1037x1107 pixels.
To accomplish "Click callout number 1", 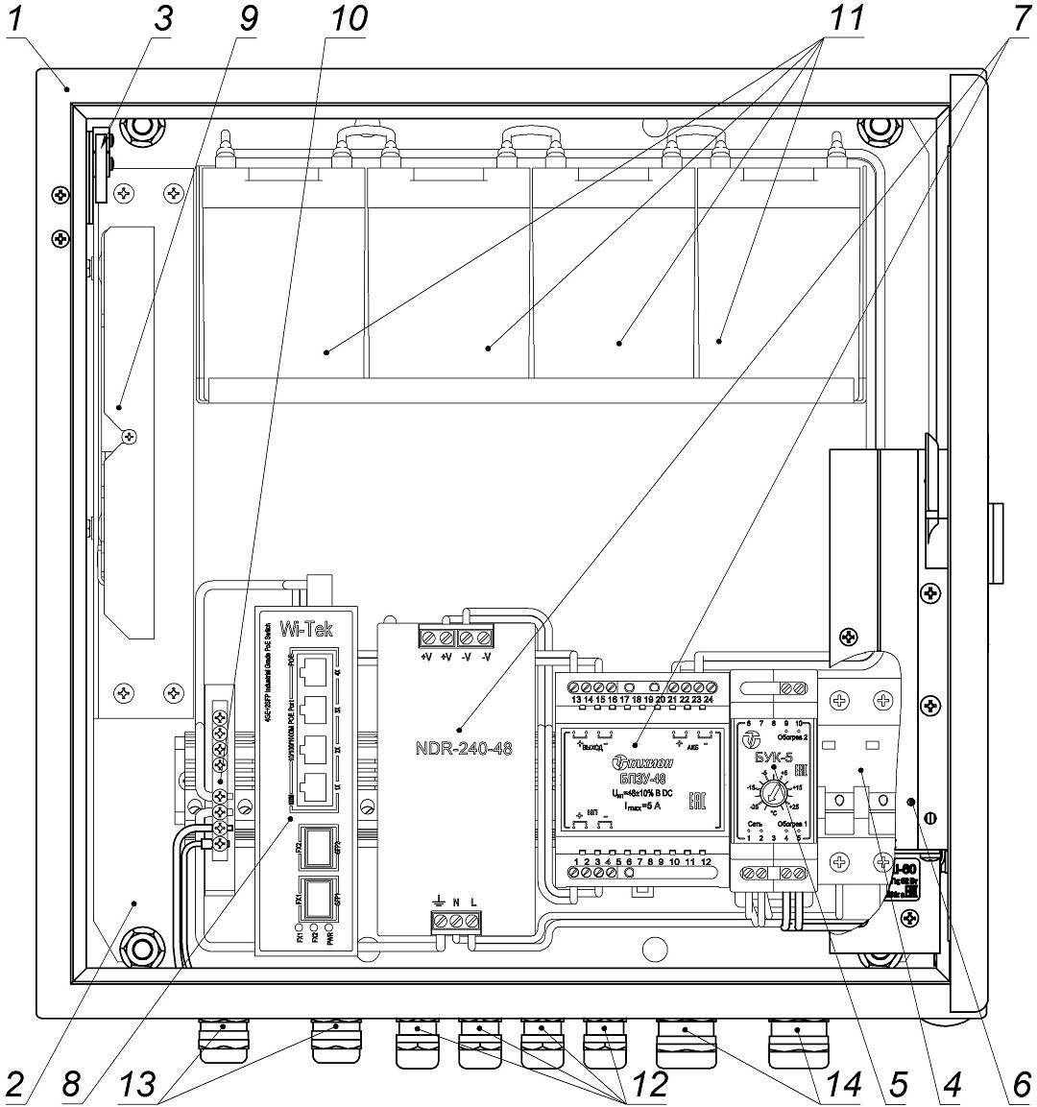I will point(18,19).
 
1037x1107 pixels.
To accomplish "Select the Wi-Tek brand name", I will point(306,629).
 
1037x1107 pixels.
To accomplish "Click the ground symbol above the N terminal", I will point(438,902).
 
